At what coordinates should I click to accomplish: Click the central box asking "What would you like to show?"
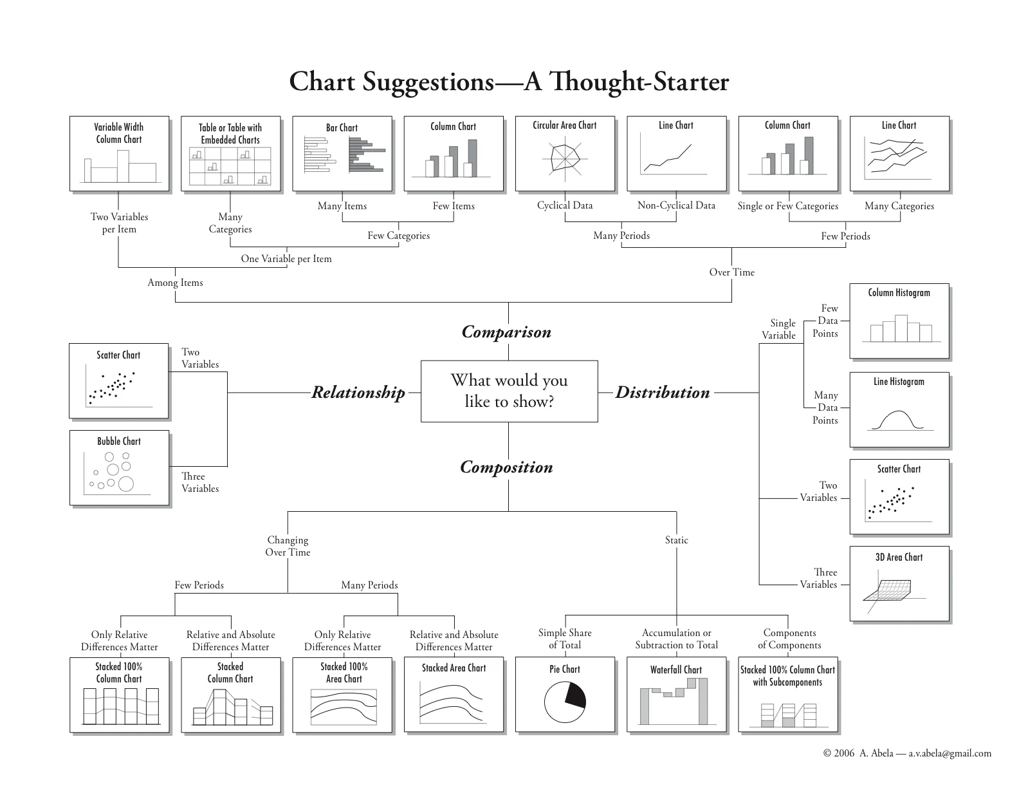(509, 391)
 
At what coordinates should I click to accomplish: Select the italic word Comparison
(506, 332)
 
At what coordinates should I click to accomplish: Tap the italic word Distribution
(662, 392)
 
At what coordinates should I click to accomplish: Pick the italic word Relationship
(358, 392)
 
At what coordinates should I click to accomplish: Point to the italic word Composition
(506, 467)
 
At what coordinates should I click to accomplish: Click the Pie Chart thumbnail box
(565, 694)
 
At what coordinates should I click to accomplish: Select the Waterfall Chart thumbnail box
(676, 694)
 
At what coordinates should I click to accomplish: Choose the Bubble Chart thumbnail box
(119, 467)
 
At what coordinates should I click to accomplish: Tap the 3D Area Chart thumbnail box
(899, 583)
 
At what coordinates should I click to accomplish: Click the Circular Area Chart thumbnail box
(565, 153)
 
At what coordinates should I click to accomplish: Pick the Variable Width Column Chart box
(119, 153)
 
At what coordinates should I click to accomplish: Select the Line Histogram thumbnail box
(899, 409)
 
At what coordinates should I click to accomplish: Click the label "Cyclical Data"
(565, 205)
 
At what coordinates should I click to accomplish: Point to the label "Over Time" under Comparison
(731, 272)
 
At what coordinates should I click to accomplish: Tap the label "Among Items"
(175, 283)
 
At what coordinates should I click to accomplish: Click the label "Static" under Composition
(676, 540)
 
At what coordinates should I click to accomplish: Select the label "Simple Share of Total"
(565, 639)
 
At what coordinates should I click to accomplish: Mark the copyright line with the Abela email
(907, 753)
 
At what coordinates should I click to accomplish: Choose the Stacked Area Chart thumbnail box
(454, 694)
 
